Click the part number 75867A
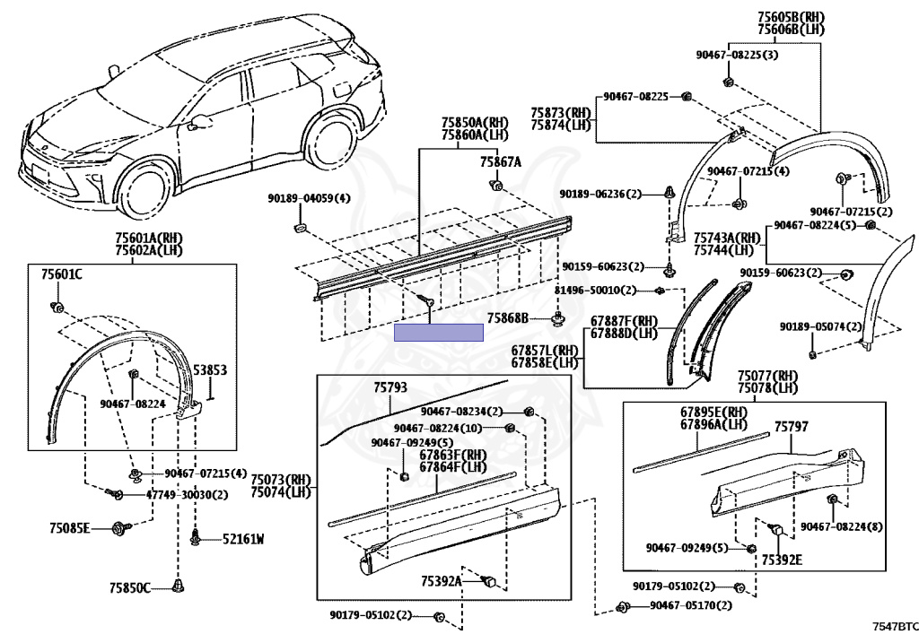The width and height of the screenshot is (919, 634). (500, 162)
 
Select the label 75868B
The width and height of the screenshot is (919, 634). (508, 317)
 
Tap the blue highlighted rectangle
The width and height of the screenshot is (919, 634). (439, 333)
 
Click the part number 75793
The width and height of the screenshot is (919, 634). (390, 387)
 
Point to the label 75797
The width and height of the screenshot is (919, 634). (791, 427)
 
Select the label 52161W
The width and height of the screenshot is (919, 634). (243, 539)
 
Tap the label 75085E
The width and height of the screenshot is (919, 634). (70, 528)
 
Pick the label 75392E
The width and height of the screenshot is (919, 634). (783, 560)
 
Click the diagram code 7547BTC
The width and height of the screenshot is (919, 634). (896, 625)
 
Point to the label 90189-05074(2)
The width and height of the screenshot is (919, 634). (820, 327)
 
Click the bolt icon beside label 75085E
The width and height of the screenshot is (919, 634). (118, 528)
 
